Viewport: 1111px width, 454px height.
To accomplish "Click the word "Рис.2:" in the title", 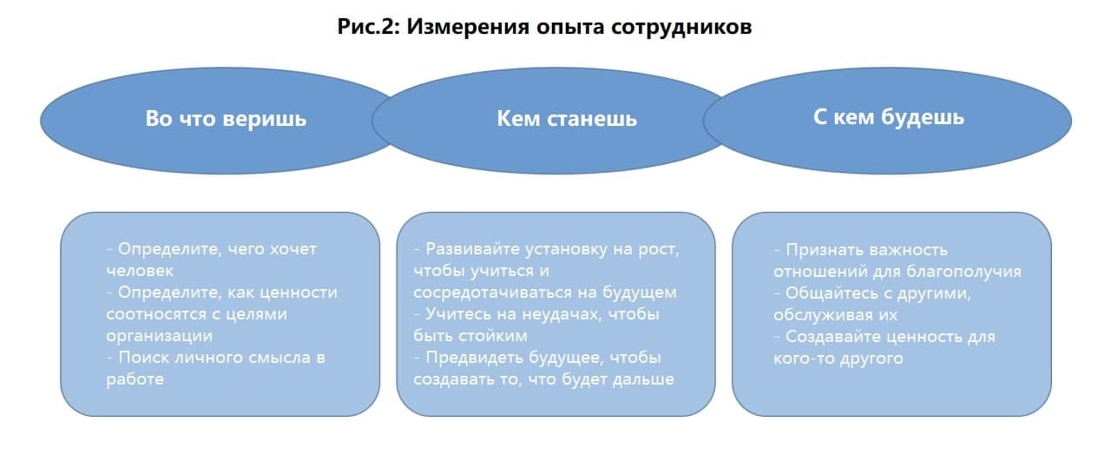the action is (368, 26).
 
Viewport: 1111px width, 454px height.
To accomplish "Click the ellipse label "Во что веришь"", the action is (226, 119).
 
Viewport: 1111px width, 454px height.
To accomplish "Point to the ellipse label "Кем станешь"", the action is (567, 119).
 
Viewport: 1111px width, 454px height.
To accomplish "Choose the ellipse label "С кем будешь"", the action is (888, 118).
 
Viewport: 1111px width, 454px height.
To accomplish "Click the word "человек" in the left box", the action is (140, 271).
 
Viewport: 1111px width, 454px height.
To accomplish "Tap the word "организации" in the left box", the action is (159, 337).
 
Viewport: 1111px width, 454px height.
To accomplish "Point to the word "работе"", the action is (135, 379).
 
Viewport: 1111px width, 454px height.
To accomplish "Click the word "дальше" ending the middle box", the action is (643, 380).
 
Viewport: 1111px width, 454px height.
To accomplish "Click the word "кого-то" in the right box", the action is (803, 359).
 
